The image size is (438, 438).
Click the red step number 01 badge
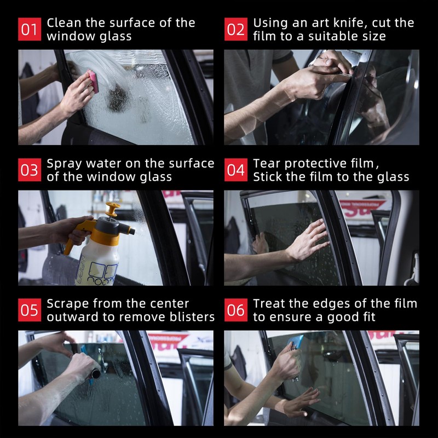click(x=30, y=29)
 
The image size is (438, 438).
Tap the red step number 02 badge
click(x=236, y=29)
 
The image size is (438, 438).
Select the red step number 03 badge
click(x=30, y=170)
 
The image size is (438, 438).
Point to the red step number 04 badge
click(x=236, y=170)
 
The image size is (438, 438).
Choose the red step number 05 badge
click(x=30, y=310)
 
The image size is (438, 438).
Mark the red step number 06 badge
click(x=236, y=310)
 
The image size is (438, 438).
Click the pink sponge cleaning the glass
click(x=93, y=81)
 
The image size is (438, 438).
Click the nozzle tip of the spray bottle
click(x=132, y=232)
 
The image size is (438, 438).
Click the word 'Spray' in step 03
click(x=64, y=164)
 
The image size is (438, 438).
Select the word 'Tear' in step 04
click(x=267, y=163)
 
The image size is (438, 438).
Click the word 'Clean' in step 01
click(x=64, y=23)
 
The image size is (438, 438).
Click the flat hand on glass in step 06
click(x=300, y=402)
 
